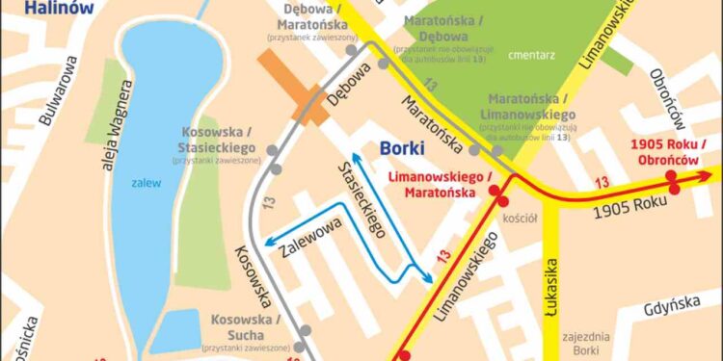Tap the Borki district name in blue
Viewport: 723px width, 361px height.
401,148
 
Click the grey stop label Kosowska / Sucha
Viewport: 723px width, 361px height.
245,325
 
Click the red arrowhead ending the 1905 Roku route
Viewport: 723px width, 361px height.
710,174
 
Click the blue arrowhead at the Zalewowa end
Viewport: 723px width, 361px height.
269,243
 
